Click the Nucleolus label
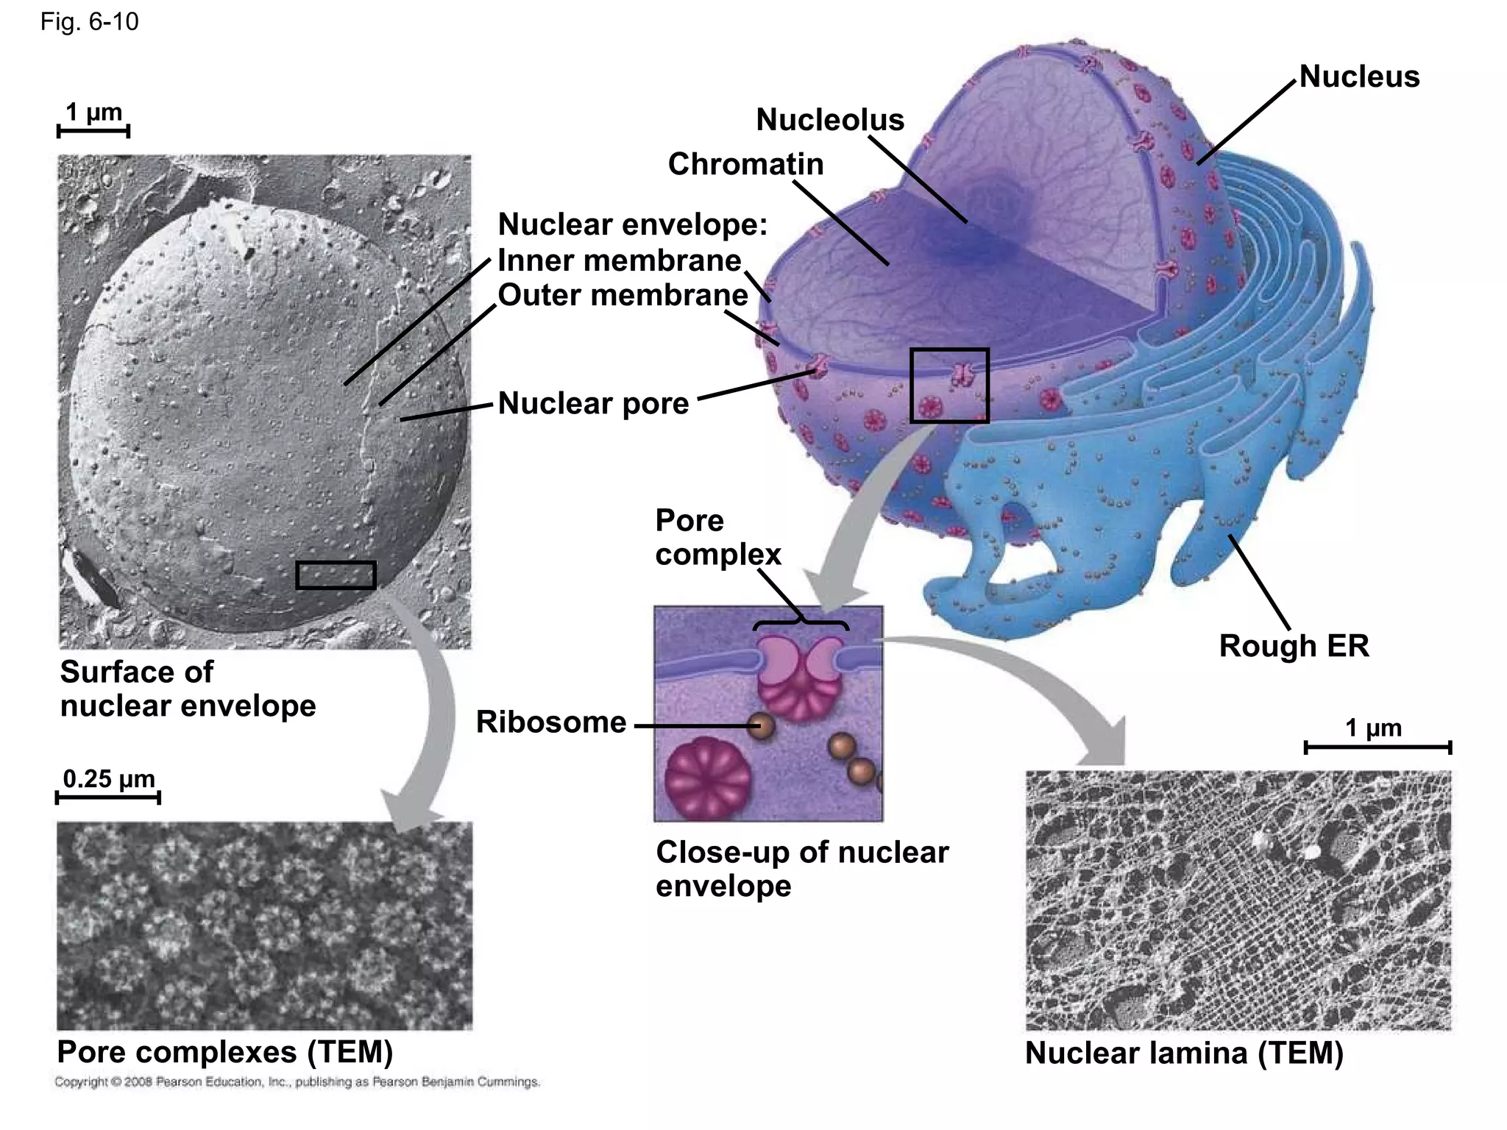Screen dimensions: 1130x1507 tap(830, 120)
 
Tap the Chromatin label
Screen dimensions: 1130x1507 tap(745, 164)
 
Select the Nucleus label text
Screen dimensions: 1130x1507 tap(1359, 77)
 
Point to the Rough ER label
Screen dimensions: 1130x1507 tap(1294, 646)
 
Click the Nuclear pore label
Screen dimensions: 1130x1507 tap(593, 403)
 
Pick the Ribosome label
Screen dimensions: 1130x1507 tap(551, 722)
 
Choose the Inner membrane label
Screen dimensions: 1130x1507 tap(620, 260)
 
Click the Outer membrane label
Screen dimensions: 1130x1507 tap(623, 295)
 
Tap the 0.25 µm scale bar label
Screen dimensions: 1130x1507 tap(109, 778)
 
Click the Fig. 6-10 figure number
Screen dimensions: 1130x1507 tap(89, 22)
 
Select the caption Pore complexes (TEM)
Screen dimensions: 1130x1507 tap(225, 1052)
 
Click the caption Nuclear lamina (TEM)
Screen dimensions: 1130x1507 tap(1184, 1053)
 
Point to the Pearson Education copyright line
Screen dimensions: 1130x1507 tap(297, 1081)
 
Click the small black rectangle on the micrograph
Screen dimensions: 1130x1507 tap(336, 575)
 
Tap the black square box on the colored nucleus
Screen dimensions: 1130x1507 tap(949, 385)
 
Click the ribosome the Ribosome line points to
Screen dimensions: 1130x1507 tap(762, 726)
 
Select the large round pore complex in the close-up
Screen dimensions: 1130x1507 tap(707, 778)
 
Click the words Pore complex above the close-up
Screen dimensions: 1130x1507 tap(717, 537)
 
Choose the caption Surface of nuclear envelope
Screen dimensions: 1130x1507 tap(188, 689)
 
